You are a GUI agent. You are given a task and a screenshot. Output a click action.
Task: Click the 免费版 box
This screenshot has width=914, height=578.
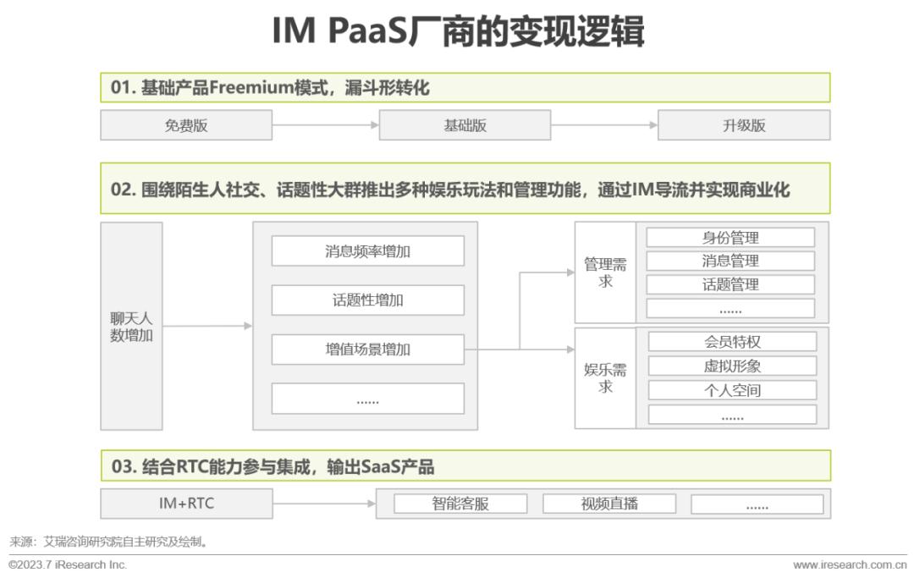tap(186, 125)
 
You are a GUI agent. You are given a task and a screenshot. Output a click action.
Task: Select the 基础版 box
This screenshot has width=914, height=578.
tap(465, 125)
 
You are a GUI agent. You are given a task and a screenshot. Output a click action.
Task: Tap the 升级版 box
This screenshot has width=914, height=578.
tap(744, 125)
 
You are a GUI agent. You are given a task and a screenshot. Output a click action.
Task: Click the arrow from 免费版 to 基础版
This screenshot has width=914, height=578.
tap(325, 124)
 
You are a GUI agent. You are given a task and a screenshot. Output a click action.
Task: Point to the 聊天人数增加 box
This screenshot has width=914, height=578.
tap(131, 327)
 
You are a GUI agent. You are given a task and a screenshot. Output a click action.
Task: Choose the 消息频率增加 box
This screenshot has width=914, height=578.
tap(368, 251)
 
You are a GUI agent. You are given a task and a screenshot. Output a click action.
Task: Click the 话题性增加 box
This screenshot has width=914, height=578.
tap(368, 300)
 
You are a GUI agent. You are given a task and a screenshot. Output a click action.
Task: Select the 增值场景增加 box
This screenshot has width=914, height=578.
tap(368, 350)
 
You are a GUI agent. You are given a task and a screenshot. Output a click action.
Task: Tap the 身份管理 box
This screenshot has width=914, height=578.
tap(730, 238)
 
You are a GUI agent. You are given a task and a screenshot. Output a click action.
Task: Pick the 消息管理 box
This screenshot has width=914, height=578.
tap(730, 261)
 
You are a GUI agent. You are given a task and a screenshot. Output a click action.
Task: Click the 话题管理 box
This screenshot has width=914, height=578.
tap(730, 284)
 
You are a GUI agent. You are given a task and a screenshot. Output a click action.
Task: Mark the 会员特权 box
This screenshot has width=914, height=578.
tap(732, 342)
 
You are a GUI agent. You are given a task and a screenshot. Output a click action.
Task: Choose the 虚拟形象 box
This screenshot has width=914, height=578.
tap(732, 366)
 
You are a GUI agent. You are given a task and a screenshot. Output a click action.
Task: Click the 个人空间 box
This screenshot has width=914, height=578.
tap(732, 390)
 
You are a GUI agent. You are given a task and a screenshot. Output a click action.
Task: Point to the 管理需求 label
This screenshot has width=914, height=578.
tap(605, 272)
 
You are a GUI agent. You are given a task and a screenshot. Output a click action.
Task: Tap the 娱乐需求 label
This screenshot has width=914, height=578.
tap(605, 378)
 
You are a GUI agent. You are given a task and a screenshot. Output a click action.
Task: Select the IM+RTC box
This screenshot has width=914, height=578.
tap(186, 504)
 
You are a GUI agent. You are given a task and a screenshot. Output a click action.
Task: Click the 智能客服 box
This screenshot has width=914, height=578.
tap(460, 504)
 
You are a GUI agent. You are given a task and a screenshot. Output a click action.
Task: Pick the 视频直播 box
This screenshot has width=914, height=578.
tap(609, 504)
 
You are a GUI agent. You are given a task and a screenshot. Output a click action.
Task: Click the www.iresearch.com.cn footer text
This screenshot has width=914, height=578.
tap(850, 564)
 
